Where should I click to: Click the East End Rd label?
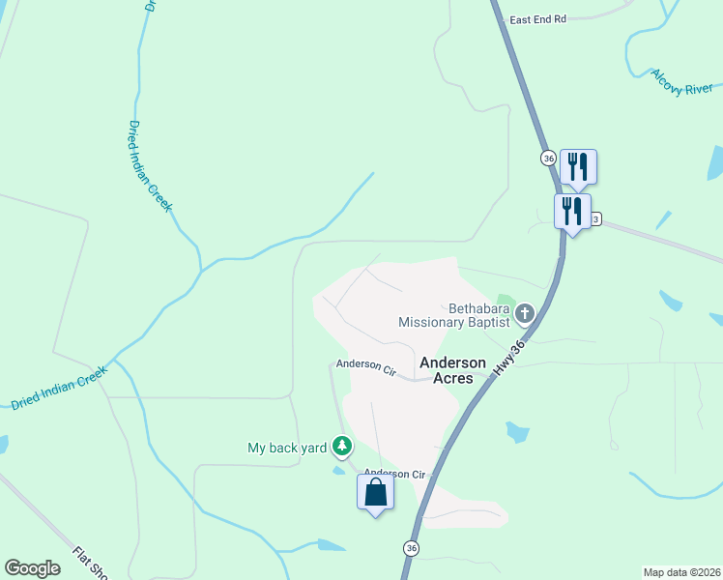537,19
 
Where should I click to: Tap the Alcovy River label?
681,82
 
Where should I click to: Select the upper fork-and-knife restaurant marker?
578,166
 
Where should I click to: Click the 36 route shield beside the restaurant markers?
548,158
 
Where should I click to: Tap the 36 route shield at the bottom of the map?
412,548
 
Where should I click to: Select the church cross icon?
525,313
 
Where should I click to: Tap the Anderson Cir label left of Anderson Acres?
366,368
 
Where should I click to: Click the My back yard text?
288,448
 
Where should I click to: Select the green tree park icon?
341,446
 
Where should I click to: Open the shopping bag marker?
375,492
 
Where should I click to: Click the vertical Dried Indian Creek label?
150,165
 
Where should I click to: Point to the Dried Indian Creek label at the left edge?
59,389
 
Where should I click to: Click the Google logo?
32,568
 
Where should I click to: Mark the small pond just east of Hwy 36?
517,432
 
